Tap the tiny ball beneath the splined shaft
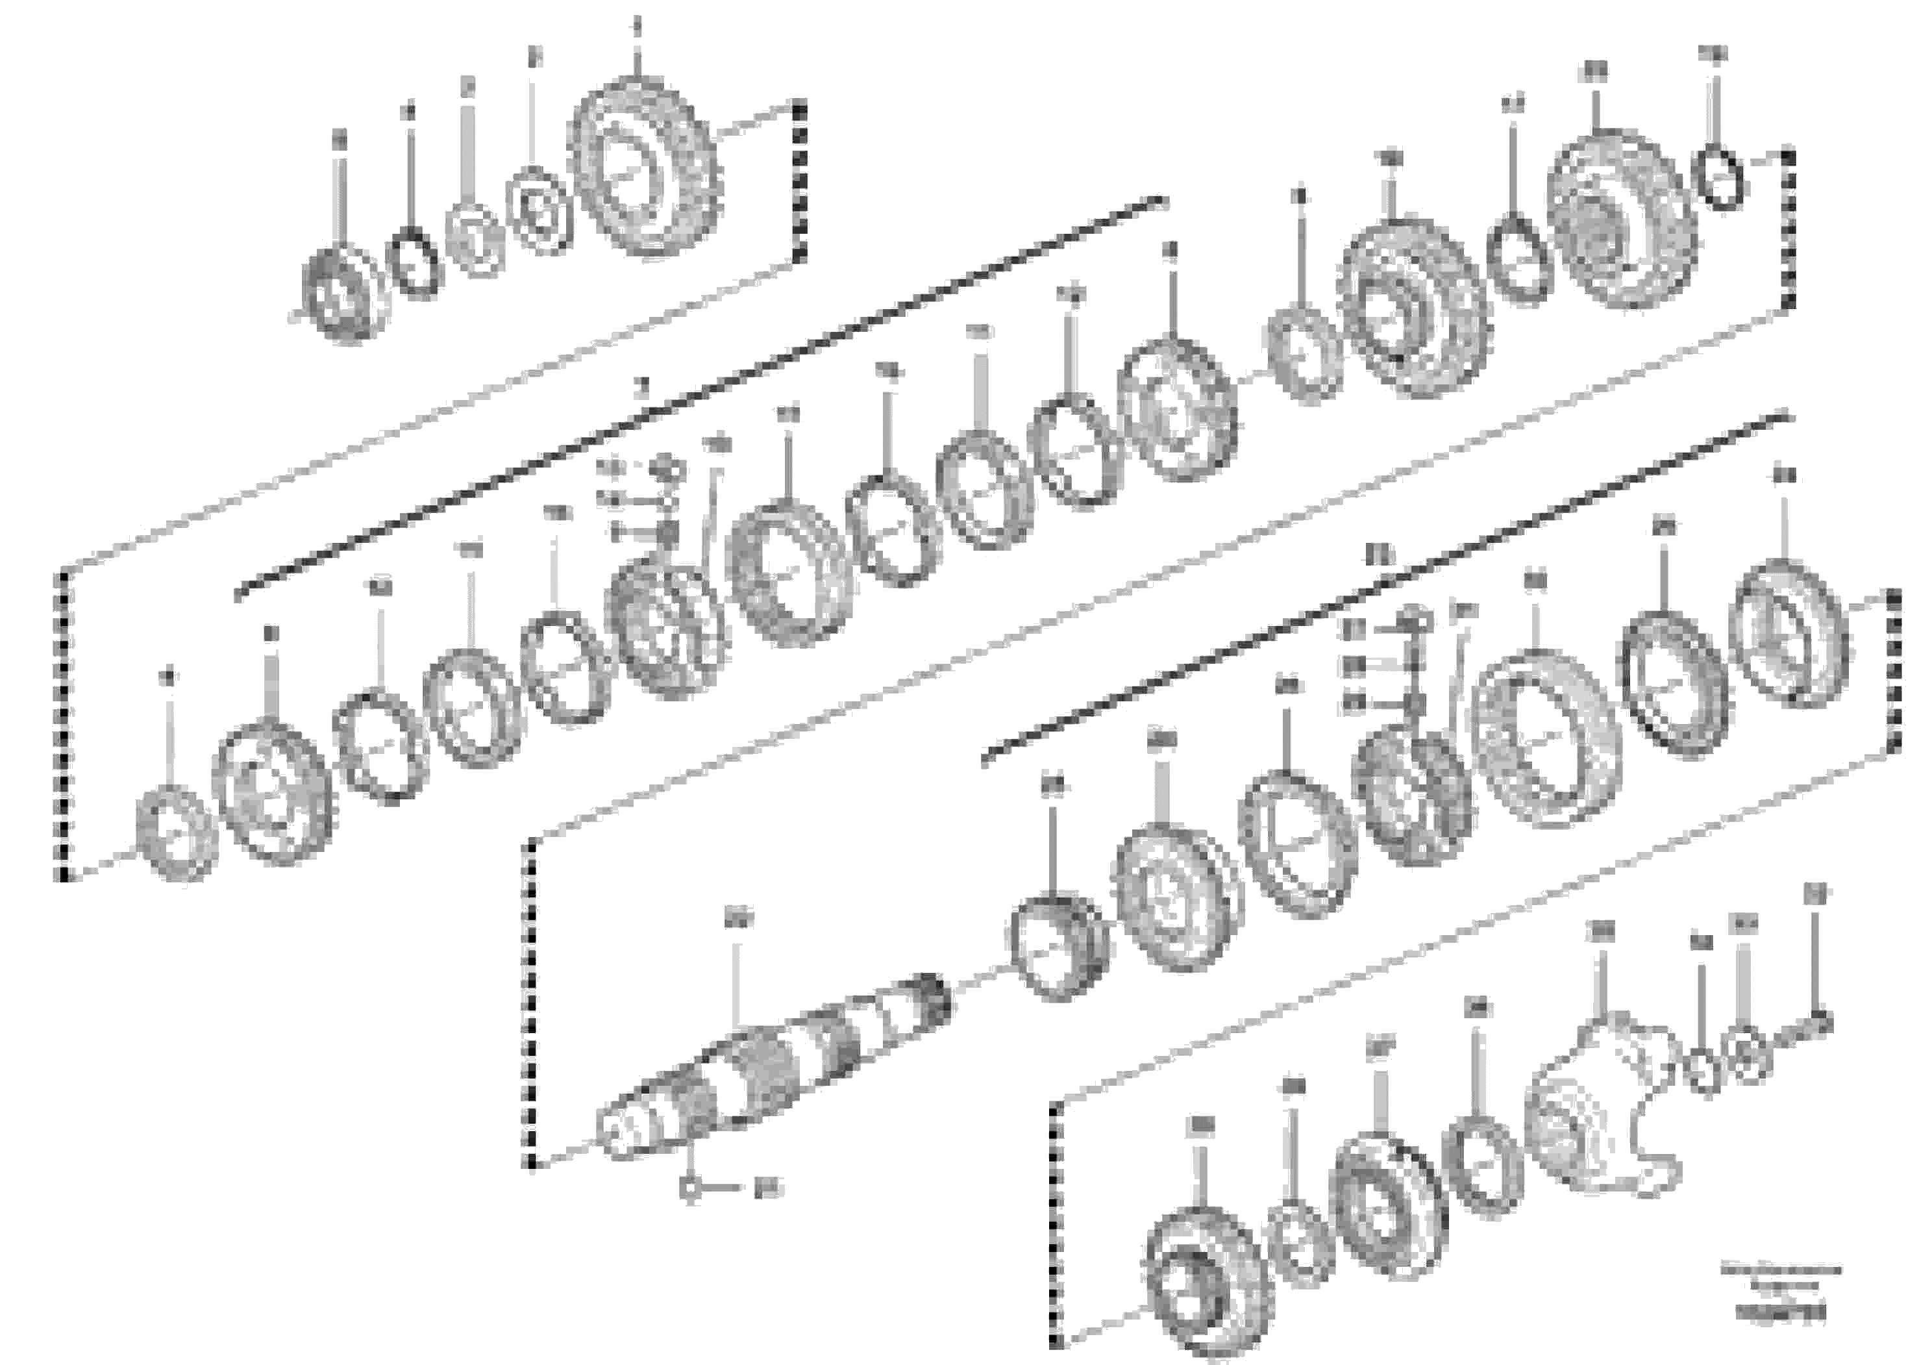click(689, 1188)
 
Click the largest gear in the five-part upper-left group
click(644, 167)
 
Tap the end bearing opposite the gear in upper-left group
click(343, 295)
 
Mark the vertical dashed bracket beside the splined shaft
click(531, 1001)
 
